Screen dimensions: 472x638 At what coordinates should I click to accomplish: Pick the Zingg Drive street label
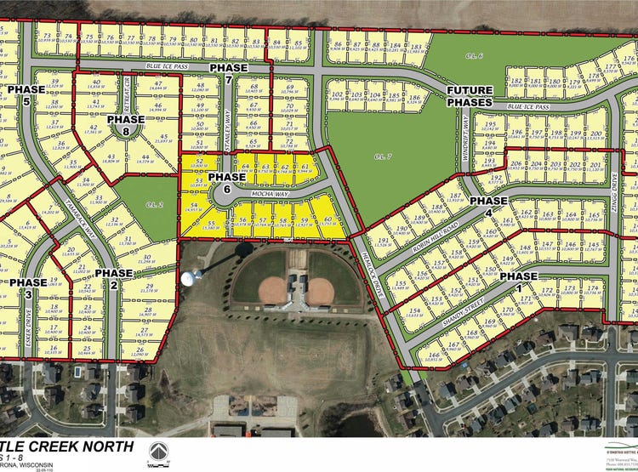pyautogui.click(x=618, y=182)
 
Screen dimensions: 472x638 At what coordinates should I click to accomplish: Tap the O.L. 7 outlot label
pyautogui.click(x=380, y=156)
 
